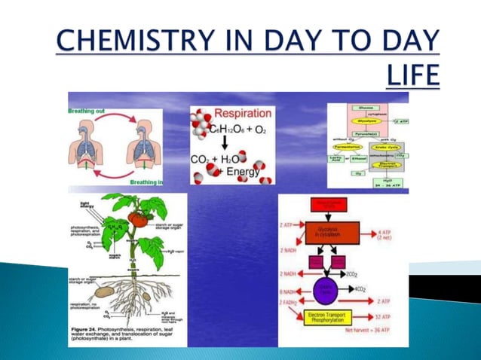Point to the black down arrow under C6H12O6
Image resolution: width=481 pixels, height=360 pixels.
click(x=225, y=143)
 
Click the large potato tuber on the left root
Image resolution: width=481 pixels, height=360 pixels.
click(x=103, y=291)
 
